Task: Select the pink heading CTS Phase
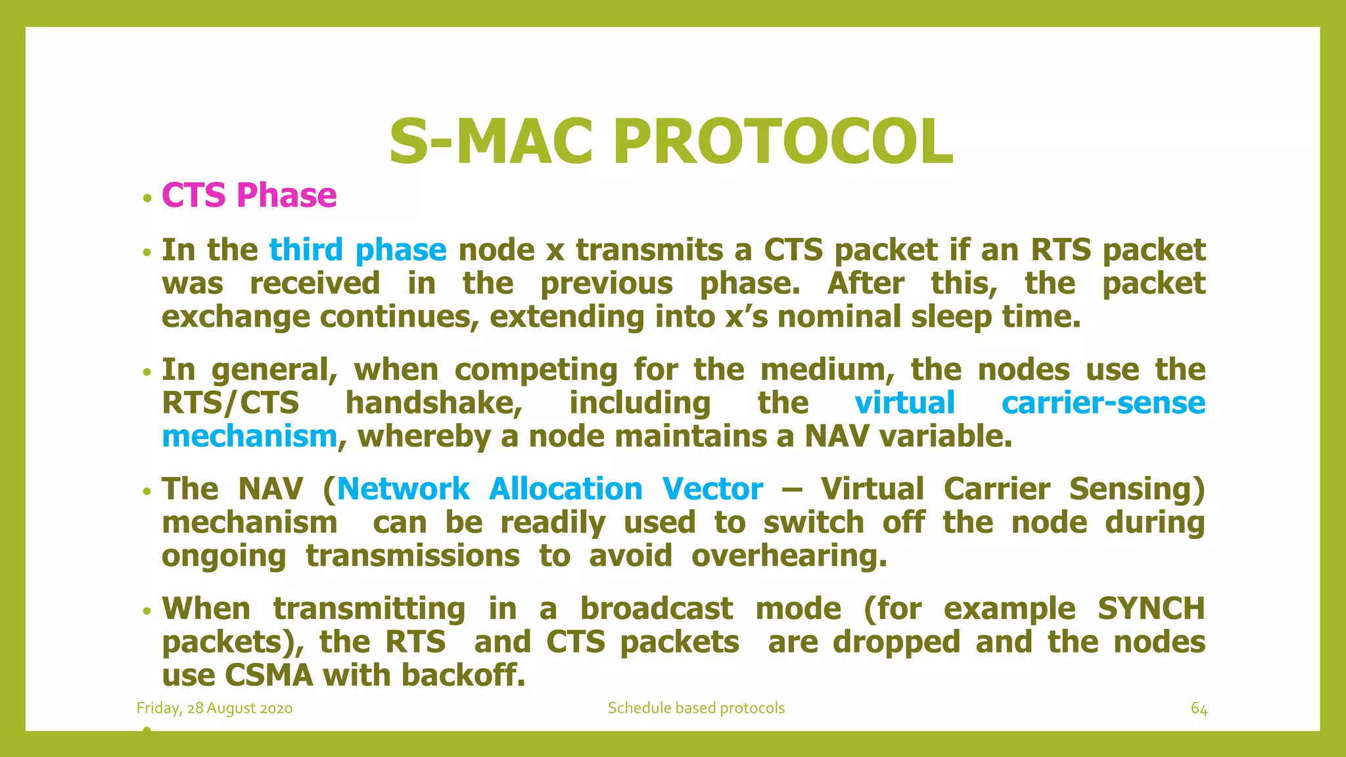click(x=249, y=195)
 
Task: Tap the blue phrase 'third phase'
click(x=358, y=250)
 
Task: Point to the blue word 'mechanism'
click(x=250, y=436)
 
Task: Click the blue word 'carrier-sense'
click(x=1103, y=403)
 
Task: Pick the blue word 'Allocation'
click(x=566, y=490)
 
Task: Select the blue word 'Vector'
click(x=712, y=490)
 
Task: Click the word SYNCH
click(x=1151, y=608)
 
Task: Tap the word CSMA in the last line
click(x=269, y=676)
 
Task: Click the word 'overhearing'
click(x=789, y=557)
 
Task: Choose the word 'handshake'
click(x=434, y=403)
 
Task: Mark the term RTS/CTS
click(x=230, y=403)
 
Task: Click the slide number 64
click(x=1199, y=708)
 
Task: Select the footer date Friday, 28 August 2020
click(x=214, y=708)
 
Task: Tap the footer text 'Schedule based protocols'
click(x=696, y=708)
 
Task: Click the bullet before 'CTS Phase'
click(x=147, y=198)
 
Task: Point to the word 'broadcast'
click(x=656, y=608)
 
